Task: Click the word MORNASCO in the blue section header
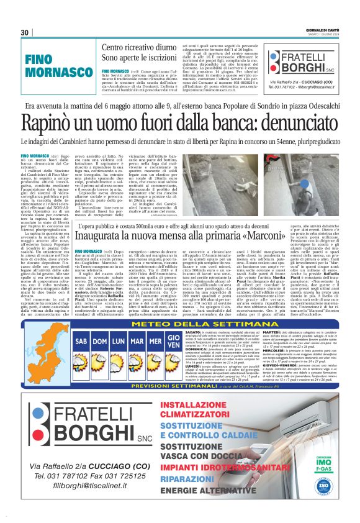click(x=51, y=73)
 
